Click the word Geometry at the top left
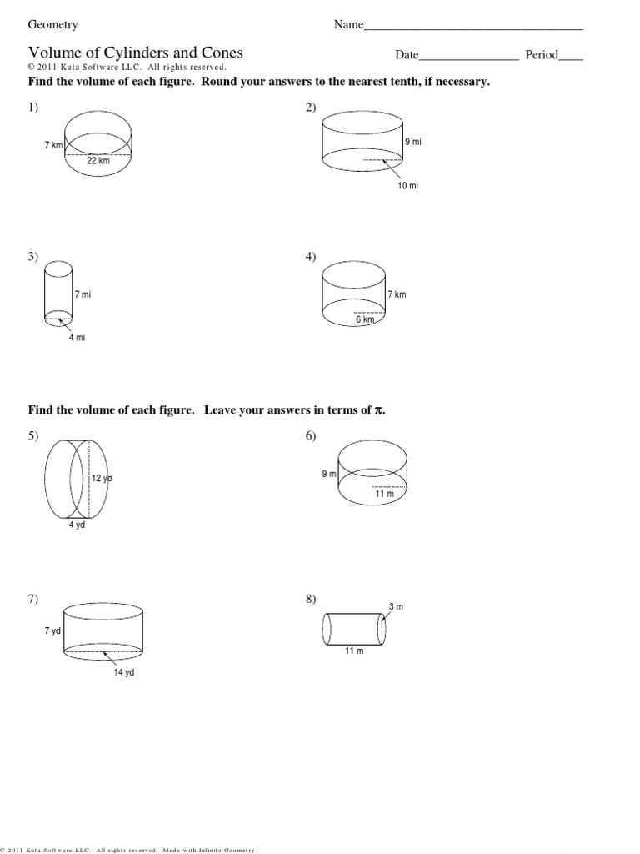53,25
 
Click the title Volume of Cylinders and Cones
136,53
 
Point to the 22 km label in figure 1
98,161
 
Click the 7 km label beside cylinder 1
53,145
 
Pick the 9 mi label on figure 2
413,143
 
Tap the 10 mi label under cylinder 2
408,186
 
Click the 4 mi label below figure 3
77,338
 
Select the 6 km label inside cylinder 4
366,319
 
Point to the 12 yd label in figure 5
102,478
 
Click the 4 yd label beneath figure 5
77,526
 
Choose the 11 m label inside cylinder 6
383,494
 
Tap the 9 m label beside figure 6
329,474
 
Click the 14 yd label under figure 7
124,673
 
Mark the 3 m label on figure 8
396,606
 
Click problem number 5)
34,436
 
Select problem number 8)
312,599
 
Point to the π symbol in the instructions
380,410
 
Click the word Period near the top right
542,55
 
